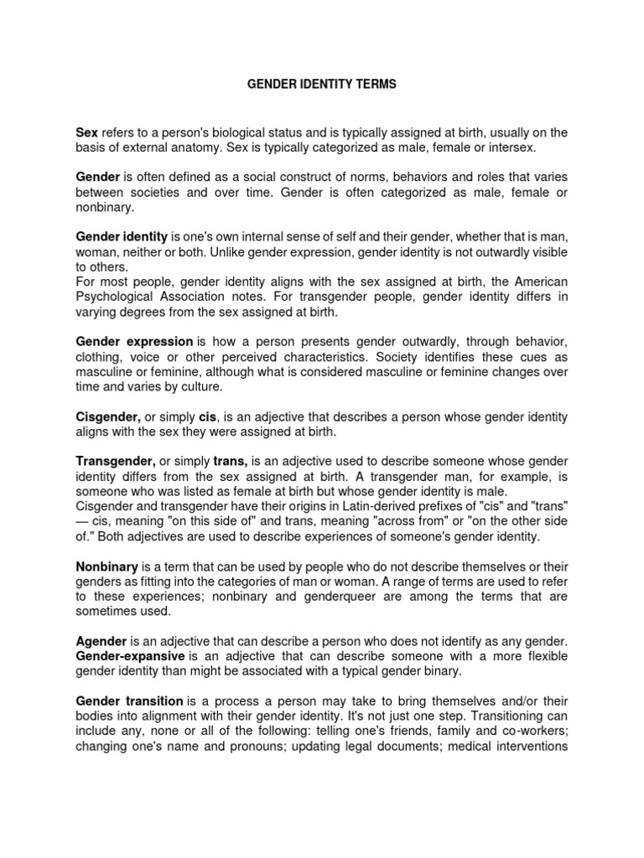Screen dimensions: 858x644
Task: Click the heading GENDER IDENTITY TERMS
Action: click(x=321, y=86)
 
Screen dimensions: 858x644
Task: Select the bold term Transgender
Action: click(x=115, y=462)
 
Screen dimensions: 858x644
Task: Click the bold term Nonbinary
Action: click(x=106, y=567)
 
